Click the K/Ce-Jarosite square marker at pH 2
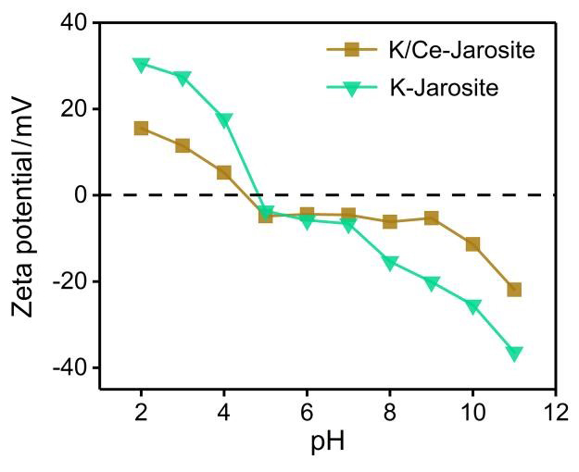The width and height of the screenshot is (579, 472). tap(141, 128)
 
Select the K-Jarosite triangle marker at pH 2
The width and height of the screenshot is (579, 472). tap(141, 65)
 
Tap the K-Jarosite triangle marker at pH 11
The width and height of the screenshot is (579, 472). tap(514, 354)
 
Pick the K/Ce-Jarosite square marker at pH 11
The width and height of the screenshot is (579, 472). tap(514, 290)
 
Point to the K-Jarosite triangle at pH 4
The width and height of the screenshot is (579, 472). tap(224, 120)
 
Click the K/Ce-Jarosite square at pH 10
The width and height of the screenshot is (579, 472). tap(472, 244)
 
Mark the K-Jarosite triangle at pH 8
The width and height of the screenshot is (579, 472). tap(390, 263)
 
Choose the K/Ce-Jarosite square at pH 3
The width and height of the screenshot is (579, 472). tap(183, 145)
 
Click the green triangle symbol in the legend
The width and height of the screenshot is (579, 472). tap(351, 89)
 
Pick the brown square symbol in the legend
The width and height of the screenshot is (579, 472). tap(351, 51)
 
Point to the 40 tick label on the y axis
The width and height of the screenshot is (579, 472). tap(74, 23)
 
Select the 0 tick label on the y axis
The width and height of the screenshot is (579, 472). tap(81, 195)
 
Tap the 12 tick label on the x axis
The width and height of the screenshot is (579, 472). tap(555, 411)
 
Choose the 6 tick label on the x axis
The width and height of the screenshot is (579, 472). tap(307, 411)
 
